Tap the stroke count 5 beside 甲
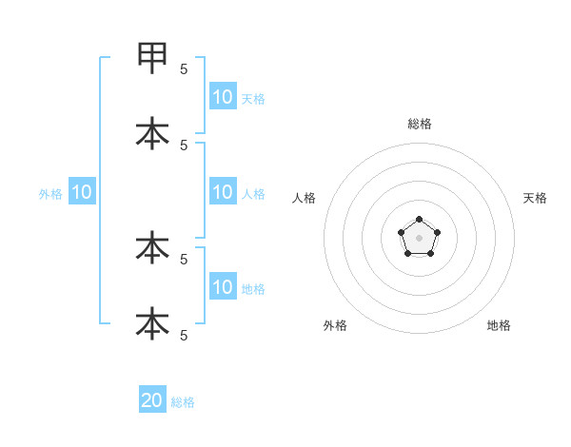click(184, 68)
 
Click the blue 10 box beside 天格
click(223, 96)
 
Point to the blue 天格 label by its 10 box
click(253, 98)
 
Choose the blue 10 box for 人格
click(223, 192)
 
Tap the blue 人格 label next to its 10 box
click(253, 194)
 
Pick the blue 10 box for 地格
click(223, 287)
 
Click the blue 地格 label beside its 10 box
click(253, 289)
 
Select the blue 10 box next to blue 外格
click(82, 192)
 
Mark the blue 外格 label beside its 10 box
click(50, 194)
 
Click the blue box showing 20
click(152, 400)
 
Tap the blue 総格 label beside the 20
click(183, 402)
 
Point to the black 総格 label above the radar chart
click(419, 124)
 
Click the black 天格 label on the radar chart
click(535, 198)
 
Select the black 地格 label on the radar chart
click(499, 325)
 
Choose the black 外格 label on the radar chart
click(335, 325)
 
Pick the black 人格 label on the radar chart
click(304, 198)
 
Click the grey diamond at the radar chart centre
click(419, 237)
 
